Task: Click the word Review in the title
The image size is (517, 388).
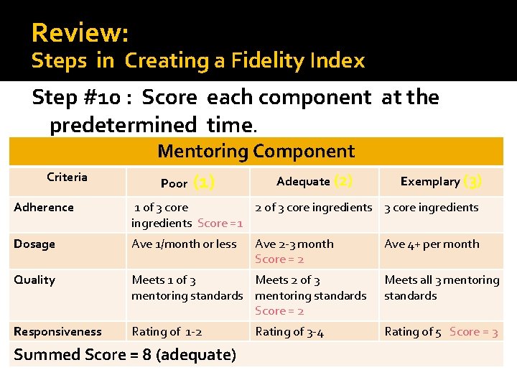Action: coord(80,33)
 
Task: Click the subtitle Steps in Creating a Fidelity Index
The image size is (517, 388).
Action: coord(198,61)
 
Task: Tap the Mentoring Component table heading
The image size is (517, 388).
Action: coord(256,151)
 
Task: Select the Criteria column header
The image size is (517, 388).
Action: coord(67,177)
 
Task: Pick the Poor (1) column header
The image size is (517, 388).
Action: coord(187,183)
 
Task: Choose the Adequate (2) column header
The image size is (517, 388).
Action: coord(314,181)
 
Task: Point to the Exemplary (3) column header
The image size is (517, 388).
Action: coord(440,181)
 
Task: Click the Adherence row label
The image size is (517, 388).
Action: coord(44,208)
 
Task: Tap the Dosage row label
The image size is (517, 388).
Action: coord(34,244)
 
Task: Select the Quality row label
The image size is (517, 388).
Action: coord(34,280)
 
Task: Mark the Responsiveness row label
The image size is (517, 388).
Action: coord(57,332)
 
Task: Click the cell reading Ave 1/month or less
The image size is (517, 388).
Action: coord(184,244)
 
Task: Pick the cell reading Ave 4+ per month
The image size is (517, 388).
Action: coord(432,244)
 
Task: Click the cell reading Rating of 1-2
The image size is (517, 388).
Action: coord(167,332)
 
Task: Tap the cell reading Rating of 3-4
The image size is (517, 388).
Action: coord(289,332)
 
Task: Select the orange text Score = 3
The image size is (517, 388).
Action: coord(473,332)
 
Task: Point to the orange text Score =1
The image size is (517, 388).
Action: coord(220,223)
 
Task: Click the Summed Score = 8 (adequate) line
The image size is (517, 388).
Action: coord(125,354)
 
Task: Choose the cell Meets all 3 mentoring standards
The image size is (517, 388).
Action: coord(441,287)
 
